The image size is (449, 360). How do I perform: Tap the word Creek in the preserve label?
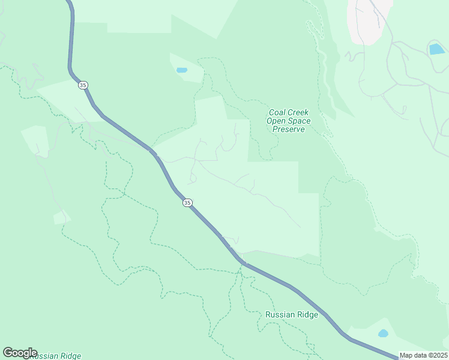[x=297, y=112]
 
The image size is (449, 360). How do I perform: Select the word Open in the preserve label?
[x=277, y=121]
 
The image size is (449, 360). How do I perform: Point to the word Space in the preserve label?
[x=297, y=121]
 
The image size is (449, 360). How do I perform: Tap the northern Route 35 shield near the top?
[x=83, y=85]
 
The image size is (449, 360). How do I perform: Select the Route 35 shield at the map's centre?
[x=187, y=203]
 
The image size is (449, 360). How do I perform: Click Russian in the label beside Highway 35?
[x=277, y=314]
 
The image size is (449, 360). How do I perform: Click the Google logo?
[x=20, y=353]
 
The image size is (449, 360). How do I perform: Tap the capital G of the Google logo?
[x=8, y=353]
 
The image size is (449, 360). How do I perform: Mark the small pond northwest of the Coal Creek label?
[x=181, y=70]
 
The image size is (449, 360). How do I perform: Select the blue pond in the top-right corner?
[x=436, y=49]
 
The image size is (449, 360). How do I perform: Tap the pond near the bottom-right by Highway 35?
[x=382, y=333]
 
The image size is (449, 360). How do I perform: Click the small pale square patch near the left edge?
[x=62, y=218]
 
